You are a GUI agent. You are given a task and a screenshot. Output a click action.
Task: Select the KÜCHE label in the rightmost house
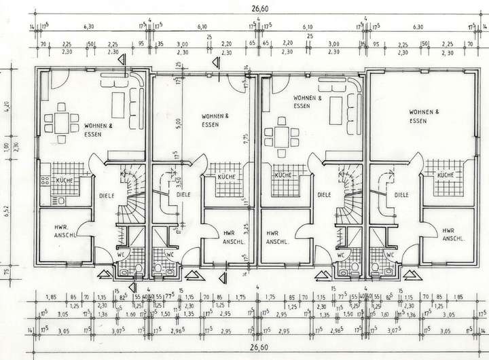pos(445,176)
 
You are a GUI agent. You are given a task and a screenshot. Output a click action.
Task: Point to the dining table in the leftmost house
pos(62,122)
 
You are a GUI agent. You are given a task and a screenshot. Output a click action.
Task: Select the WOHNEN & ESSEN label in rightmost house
pos(423,115)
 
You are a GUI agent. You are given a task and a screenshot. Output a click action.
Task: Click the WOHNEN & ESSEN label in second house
pos(215,120)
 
